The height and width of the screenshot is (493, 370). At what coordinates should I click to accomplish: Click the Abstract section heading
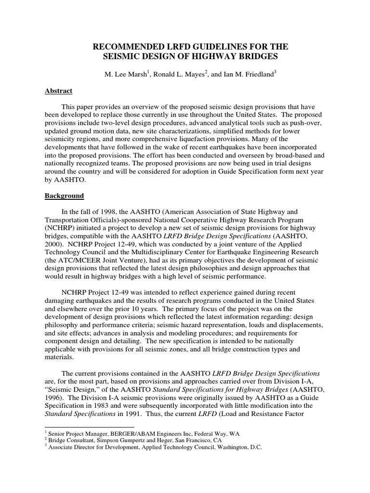(x=59, y=91)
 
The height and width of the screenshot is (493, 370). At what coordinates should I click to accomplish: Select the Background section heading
(x=64, y=196)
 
